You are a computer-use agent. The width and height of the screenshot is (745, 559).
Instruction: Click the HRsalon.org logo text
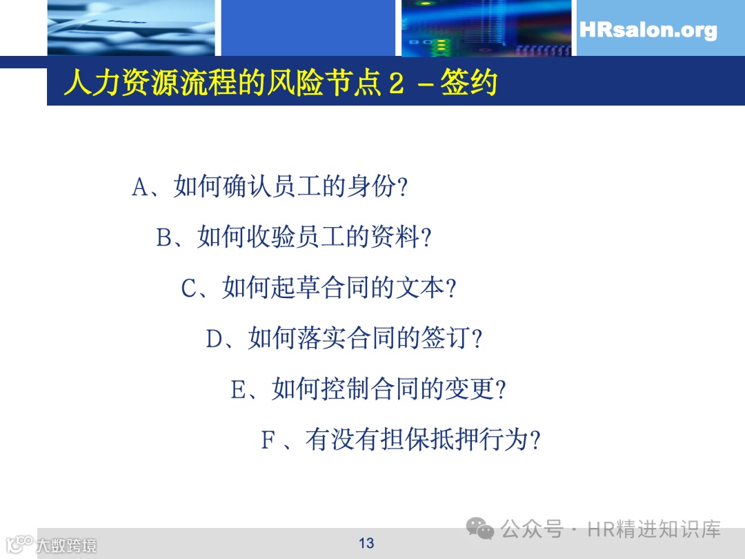pos(648,31)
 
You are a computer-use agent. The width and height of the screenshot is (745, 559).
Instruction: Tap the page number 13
pos(366,543)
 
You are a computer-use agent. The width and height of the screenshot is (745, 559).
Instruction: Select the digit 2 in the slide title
pos(395,84)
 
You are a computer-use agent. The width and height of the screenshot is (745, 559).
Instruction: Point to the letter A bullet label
pos(140,187)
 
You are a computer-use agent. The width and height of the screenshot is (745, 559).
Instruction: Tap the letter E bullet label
pos(238,390)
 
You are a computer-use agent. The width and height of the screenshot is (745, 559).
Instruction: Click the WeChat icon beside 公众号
pos(480,529)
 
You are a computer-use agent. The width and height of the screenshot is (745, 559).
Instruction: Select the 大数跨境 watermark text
pos(66,545)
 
